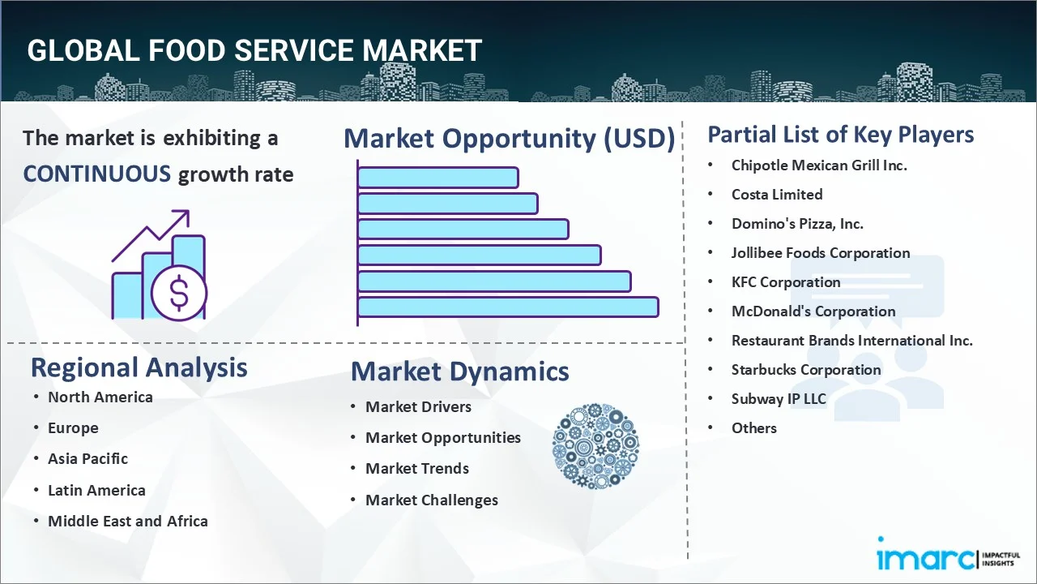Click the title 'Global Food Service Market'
254,50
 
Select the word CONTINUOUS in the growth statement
96,174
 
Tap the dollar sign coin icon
179,294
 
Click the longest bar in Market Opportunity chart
507,307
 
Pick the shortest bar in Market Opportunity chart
437,177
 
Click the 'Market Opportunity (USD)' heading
509,139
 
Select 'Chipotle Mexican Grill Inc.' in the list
819,165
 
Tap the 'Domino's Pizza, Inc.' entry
797,224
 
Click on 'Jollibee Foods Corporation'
821,253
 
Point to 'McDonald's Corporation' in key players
813,311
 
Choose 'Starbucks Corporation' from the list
806,370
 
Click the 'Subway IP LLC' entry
779,399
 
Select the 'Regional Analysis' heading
139,367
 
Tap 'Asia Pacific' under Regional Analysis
87,458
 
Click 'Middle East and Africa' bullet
128,521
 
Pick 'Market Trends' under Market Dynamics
417,468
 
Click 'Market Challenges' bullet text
432,500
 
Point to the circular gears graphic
595,446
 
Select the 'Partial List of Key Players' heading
841,134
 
